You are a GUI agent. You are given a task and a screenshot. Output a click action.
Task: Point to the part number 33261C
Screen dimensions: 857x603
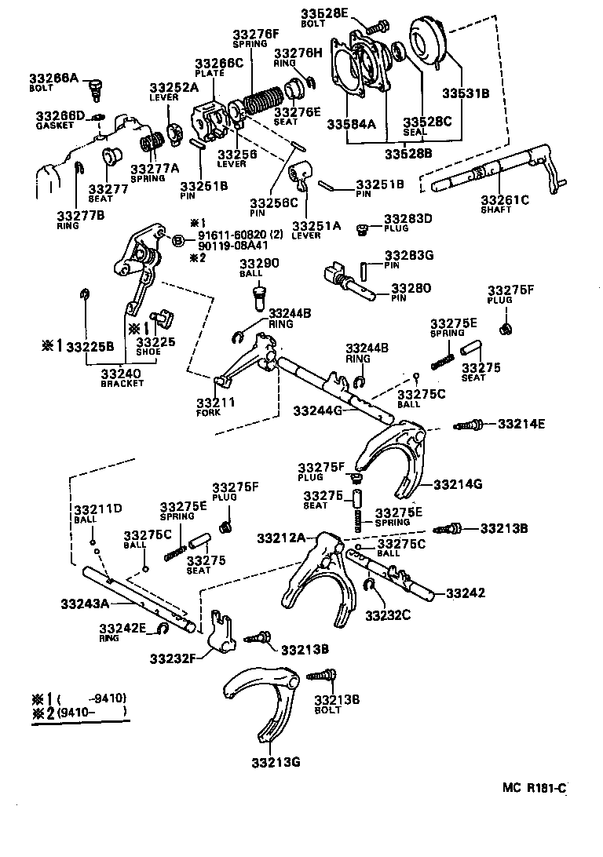click(505, 200)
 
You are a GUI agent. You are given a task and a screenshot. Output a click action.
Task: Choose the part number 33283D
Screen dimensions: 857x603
click(408, 218)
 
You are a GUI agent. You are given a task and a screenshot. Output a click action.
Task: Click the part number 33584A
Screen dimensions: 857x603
click(350, 122)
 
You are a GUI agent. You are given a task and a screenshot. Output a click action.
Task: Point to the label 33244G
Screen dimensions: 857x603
click(317, 410)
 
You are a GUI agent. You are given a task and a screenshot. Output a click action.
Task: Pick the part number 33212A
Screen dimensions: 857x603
click(281, 538)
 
